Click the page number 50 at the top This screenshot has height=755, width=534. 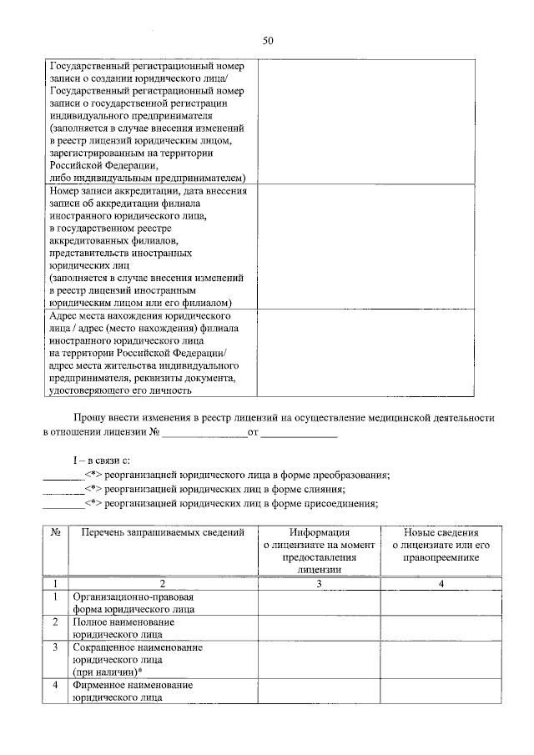click(268, 40)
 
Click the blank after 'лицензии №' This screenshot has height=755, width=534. click(204, 433)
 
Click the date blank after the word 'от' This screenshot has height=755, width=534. click(300, 433)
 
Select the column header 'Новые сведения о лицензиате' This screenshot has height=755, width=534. click(441, 538)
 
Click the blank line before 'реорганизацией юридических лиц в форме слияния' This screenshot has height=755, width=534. click(63, 489)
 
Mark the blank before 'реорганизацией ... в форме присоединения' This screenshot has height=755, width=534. click(63, 503)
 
